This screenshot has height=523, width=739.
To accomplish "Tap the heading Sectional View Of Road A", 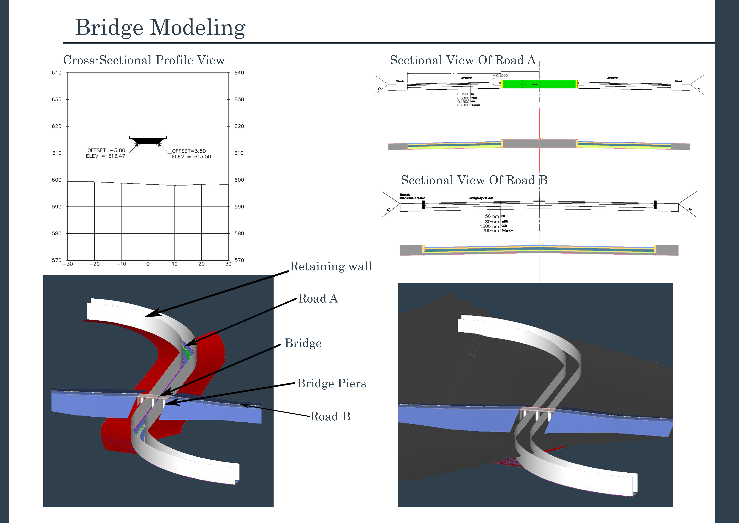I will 463,60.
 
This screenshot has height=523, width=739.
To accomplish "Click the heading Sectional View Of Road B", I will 474,180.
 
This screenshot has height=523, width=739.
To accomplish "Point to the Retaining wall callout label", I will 331,266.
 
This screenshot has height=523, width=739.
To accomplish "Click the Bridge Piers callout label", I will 331,383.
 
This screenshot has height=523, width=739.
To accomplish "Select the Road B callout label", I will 330,416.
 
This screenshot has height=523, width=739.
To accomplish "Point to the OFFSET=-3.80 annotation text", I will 106,150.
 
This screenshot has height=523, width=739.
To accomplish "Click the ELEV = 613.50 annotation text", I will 192,157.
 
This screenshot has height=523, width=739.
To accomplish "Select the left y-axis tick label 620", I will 57,126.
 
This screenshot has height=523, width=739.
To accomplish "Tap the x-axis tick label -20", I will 94,264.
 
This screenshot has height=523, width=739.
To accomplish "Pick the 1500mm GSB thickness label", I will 489,226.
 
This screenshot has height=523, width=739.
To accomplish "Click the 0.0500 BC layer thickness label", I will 463,94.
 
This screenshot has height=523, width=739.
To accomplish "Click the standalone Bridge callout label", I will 303,343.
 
